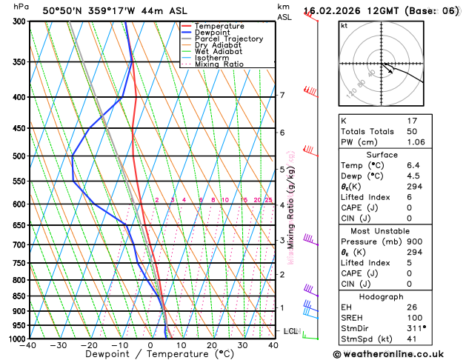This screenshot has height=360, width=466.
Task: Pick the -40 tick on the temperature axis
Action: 29,345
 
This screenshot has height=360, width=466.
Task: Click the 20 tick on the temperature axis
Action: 212,345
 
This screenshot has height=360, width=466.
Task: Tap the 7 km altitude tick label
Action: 282,96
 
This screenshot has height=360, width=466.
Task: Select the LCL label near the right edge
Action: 290,331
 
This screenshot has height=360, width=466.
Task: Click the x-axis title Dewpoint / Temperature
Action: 151,354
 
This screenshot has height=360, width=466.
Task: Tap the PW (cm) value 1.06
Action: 413,142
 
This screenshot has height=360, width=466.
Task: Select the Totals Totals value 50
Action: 412,131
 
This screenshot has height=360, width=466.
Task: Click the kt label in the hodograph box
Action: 344,26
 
